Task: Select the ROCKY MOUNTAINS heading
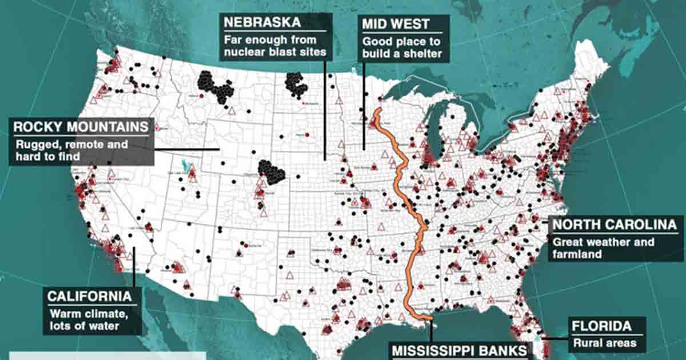click(x=80, y=127)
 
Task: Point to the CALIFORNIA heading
click(x=94, y=296)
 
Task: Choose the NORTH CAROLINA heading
click(x=615, y=225)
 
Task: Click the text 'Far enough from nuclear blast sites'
click(x=274, y=46)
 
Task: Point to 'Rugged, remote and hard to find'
click(x=71, y=150)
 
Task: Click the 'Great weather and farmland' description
click(x=603, y=248)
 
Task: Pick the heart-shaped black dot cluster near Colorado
click(x=272, y=171)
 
